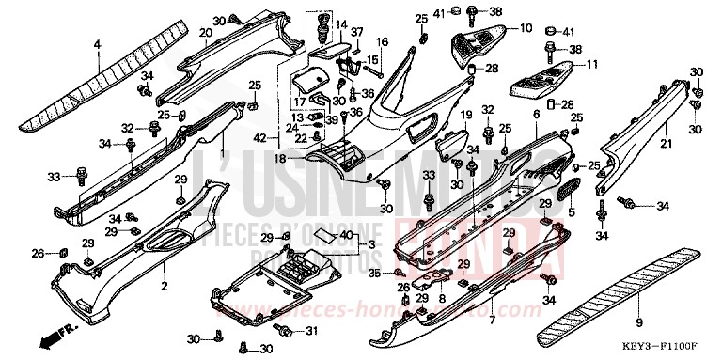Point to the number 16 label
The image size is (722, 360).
click(x=383, y=42)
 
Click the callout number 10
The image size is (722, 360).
click(x=525, y=27)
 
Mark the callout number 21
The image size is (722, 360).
click(x=665, y=143)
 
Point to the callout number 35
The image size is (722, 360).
click(x=373, y=274)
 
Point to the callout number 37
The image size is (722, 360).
click(x=357, y=32)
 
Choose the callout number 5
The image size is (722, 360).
click(x=570, y=214)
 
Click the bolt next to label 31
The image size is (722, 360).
click(x=286, y=331)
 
